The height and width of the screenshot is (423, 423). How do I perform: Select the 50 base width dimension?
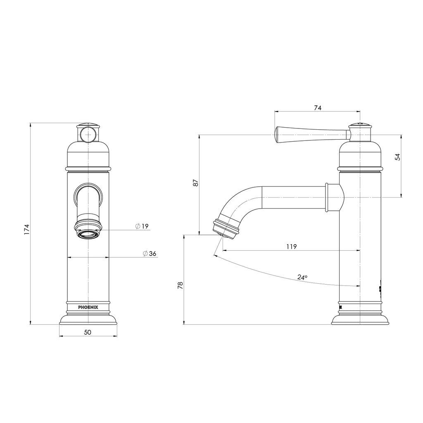click(88, 332)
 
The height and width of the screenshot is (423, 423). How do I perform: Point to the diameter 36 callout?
click(149, 253)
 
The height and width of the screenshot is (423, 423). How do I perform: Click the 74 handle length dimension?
click(317, 107)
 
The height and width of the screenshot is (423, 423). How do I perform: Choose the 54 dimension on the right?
click(397, 157)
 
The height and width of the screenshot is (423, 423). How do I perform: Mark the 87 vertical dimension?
click(196, 183)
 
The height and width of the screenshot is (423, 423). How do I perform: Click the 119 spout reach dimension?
click(291, 247)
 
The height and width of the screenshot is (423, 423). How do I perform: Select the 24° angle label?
click(302, 277)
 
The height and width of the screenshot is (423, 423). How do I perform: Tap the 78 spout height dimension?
click(180, 285)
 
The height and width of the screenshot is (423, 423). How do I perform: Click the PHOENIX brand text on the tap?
click(88, 307)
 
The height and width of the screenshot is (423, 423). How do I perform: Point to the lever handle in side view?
click(310, 134)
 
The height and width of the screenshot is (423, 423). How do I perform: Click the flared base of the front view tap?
click(88, 318)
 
